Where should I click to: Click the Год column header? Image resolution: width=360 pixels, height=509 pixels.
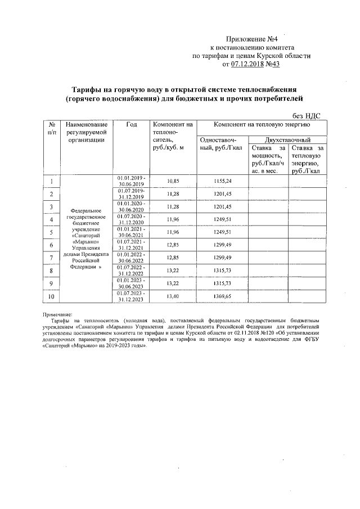click(131, 124)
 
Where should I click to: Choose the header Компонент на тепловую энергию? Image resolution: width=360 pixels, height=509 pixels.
click(262, 124)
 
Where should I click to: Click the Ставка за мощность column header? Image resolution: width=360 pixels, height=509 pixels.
click(266, 159)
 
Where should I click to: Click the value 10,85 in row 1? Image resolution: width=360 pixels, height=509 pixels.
click(173, 181)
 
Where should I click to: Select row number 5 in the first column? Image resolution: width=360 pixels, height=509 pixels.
click(52, 232)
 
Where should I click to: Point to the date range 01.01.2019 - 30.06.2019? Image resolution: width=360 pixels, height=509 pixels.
click(131, 181)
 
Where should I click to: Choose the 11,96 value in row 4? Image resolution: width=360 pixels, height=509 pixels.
click(173, 219)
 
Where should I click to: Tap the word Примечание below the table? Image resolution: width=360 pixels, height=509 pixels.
click(62, 314)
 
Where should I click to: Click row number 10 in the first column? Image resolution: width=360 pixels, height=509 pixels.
click(52, 296)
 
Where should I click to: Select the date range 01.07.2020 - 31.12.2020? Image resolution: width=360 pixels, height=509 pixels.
click(131, 219)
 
